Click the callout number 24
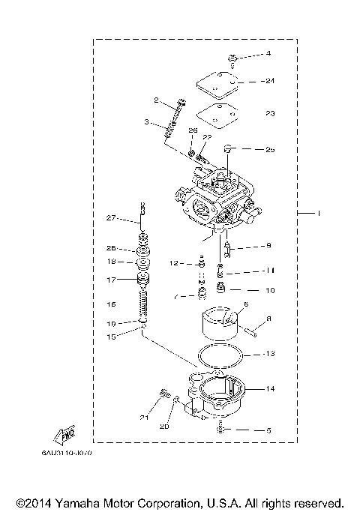(x=271, y=80)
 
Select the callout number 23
(x=271, y=115)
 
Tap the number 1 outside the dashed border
(x=319, y=214)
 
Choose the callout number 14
(x=271, y=388)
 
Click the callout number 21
(x=143, y=417)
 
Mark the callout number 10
(x=271, y=290)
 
